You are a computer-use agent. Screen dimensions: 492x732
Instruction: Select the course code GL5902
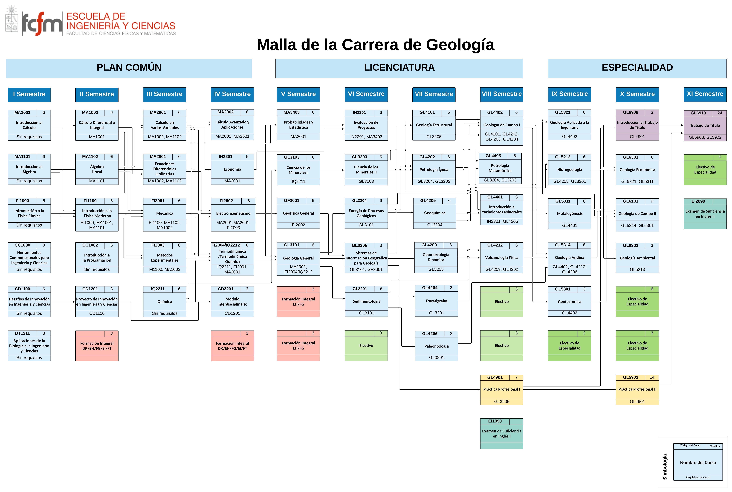(x=630, y=377)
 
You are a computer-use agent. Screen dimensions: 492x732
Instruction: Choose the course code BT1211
(x=22, y=333)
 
